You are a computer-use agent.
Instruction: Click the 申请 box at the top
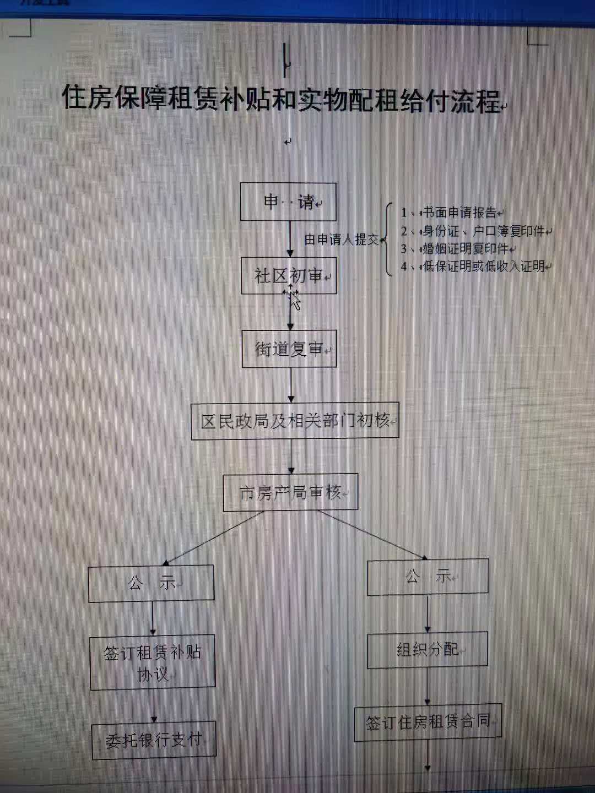[288, 202]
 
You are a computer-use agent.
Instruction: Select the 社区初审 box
[289, 276]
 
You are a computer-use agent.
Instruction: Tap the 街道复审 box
[289, 349]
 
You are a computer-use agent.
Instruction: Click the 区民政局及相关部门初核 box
[295, 421]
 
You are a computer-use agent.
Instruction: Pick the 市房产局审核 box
[291, 492]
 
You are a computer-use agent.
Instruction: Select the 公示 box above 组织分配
[428, 577]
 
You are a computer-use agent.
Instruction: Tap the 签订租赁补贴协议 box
[153, 662]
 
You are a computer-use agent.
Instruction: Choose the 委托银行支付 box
[154, 740]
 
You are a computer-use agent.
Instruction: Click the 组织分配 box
[428, 649]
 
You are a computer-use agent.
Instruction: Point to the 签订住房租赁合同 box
[429, 723]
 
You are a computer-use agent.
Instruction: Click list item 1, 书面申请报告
[450, 213]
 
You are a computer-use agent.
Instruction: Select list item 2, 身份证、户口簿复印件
[475, 231]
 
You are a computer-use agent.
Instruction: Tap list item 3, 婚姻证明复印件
[457, 249]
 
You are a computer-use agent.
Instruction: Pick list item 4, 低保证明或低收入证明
[476, 267]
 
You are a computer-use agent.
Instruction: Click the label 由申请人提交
[342, 239]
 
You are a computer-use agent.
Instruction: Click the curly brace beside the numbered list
[387, 239]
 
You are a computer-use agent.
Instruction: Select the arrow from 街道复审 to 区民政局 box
[291, 385]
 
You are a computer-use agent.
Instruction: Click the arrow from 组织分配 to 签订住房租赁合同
[428, 686]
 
